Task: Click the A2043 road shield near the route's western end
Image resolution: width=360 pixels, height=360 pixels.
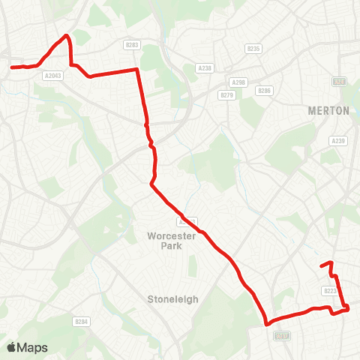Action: [52, 75]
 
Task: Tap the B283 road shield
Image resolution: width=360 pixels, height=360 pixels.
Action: [133, 45]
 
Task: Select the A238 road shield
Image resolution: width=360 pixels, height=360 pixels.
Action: [205, 67]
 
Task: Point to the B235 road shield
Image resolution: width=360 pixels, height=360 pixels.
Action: [253, 49]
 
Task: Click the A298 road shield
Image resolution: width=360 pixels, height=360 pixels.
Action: [238, 82]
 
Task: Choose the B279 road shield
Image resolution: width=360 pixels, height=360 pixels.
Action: [226, 94]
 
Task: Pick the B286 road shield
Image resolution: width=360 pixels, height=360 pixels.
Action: [263, 91]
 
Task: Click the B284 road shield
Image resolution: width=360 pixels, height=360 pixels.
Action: [82, 321]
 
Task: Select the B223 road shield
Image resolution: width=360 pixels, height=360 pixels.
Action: [331, 291]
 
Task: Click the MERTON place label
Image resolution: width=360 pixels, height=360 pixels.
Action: [328, 110]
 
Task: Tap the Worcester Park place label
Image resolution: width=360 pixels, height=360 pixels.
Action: [172, 241]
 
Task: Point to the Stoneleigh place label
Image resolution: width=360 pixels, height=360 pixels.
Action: [172, 298]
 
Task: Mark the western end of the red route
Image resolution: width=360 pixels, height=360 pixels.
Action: [11, 67]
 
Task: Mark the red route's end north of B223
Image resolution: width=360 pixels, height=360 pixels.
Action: [322, 265]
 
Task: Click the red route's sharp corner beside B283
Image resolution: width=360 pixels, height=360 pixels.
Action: [137, 70]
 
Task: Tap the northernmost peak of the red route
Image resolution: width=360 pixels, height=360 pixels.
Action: [67, 35]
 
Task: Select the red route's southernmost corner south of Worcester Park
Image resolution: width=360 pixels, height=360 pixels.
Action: [267, 324]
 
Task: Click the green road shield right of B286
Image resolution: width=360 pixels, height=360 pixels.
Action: [339, 81]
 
